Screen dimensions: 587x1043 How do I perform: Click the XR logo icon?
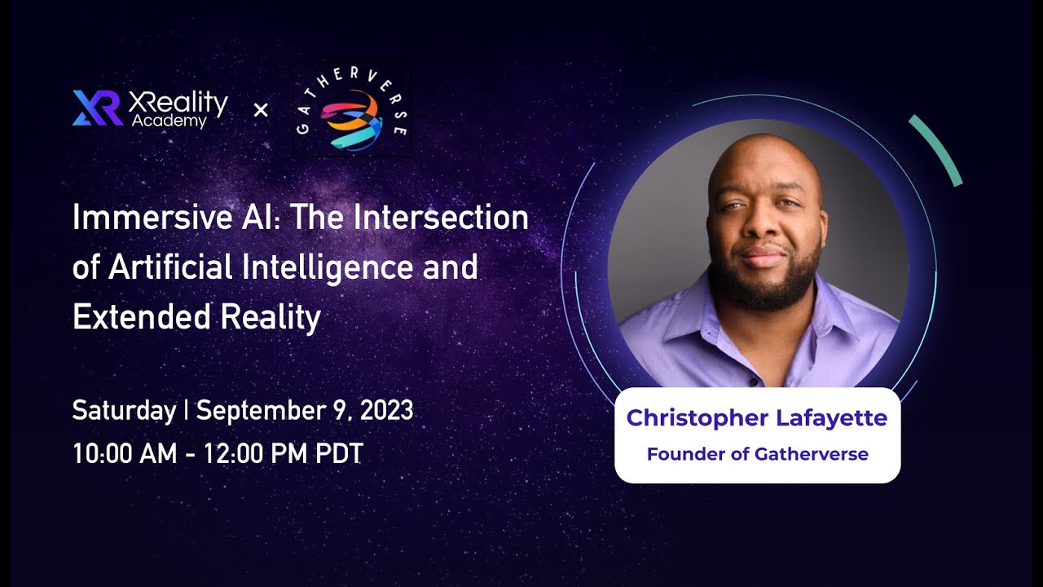[x=97, y=108]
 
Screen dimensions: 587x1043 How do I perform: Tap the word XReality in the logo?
[x=178, y=101]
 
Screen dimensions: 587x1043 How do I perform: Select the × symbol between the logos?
[x=261, y=109]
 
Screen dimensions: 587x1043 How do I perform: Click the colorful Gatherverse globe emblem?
[x=353, y=118]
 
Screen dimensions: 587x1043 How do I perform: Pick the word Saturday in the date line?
[x=124, y=409]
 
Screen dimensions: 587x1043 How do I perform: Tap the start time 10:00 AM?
[x=125, y=453]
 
